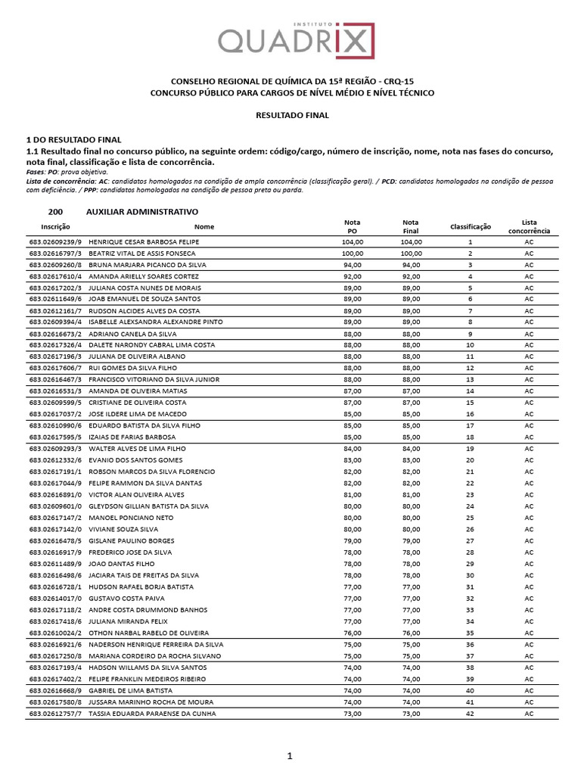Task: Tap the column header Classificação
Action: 471,226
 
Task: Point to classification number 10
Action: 470,345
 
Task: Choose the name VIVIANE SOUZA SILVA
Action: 123,529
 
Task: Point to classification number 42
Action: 470,713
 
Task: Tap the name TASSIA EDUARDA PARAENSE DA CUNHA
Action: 152,713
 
